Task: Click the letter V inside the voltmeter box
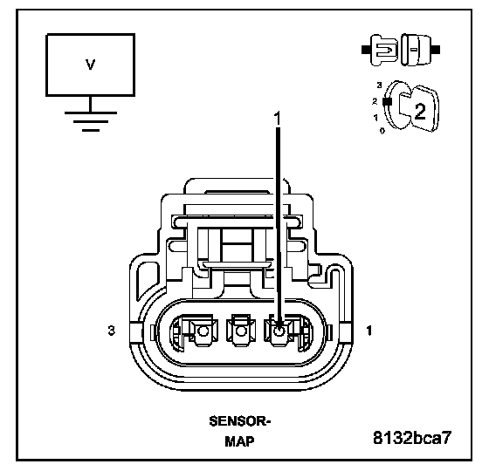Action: tap(90, 65)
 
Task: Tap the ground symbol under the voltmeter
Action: tap(91, 121)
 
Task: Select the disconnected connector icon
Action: tap(401, 50)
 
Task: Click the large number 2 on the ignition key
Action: tap(419, 111)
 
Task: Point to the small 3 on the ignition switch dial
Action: tap(379, 85)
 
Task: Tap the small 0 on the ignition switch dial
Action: tap(382, 131)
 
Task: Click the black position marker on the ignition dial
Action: tap(387, 101)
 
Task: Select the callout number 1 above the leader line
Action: tap(277, 119)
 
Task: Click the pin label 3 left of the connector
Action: tap(112, 331)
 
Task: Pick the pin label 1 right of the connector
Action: tap(369, 331)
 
